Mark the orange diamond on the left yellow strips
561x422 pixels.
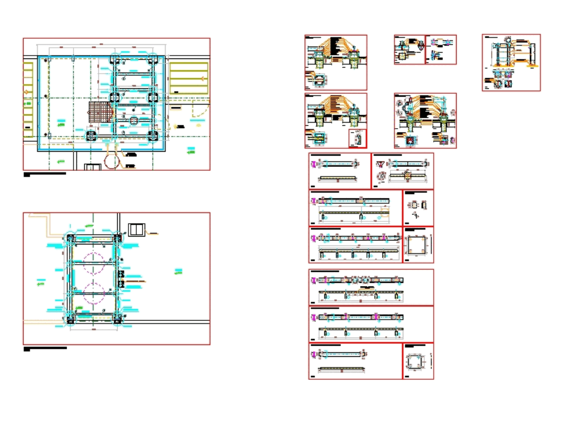pos(25,90)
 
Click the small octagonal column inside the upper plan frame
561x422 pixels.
pos(134,120)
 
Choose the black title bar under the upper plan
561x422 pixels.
pos(45,174)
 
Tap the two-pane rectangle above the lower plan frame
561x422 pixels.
pos(136,229)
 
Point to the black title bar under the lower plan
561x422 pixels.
pos(45,349)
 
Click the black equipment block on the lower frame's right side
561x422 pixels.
pos(121,278)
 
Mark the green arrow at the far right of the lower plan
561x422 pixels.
pos(178,272)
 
